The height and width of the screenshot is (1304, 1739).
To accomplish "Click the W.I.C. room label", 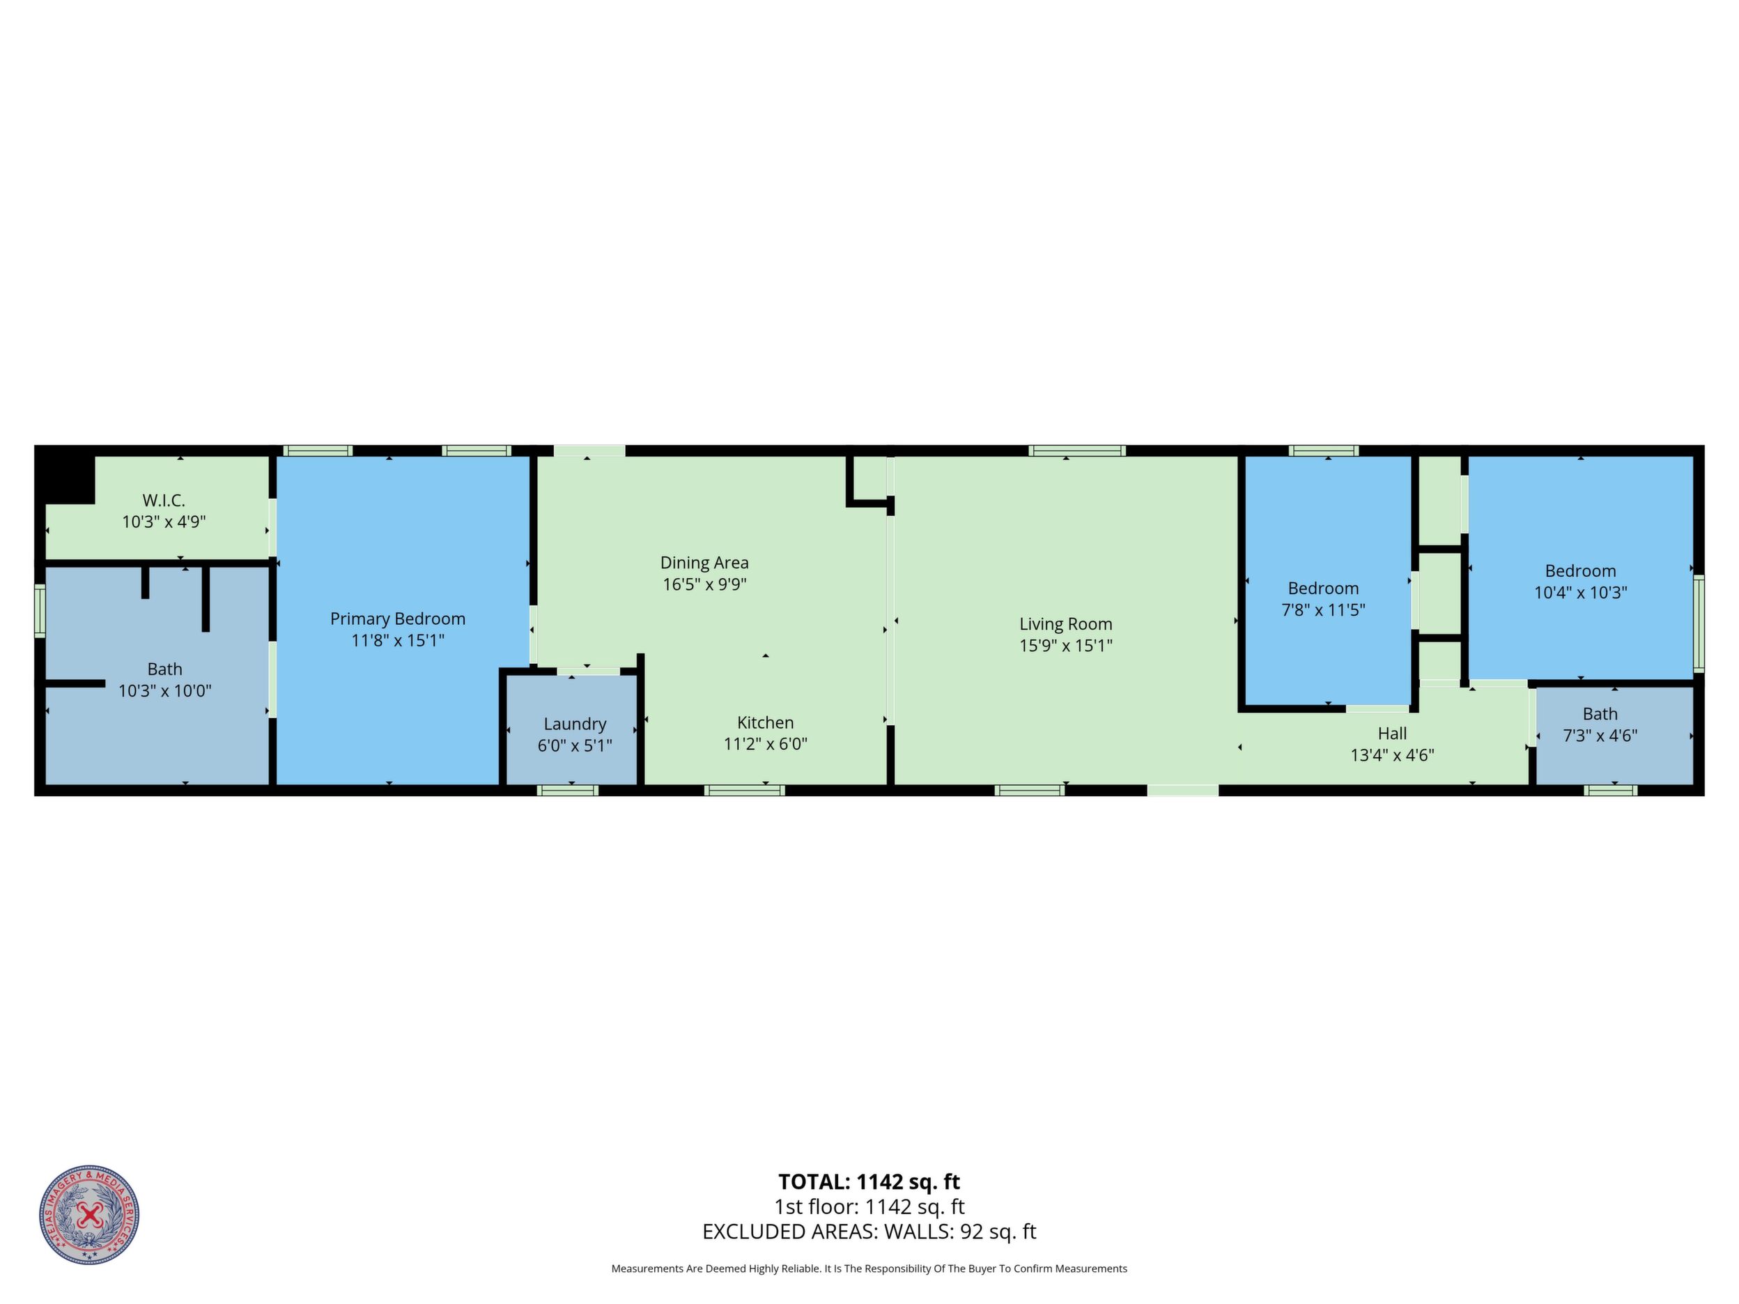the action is click(x=164, y=500).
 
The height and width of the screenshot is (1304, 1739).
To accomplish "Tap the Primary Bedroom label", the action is click(x=398, y=619).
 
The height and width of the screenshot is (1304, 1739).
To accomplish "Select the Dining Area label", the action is click(x=704, y=563).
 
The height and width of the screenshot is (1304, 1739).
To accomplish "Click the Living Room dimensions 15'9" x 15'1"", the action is click(x=1066, y=645).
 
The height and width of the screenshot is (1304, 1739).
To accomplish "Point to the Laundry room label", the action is click(x=575, y=724).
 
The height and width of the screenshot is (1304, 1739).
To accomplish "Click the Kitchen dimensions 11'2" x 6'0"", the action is click(x=766, y=743).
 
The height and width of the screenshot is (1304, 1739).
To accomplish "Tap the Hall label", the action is click(x=1392, y=733).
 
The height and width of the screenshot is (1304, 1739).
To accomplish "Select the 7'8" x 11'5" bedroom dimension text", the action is click(x=1323, y=610).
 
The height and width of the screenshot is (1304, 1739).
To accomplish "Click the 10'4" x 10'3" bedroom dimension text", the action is click(x=1581, y=592).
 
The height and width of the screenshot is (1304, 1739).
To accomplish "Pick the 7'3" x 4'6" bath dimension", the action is click(x=1600, y=735).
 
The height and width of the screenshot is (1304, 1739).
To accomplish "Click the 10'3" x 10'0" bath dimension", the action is click(x=165, y=691).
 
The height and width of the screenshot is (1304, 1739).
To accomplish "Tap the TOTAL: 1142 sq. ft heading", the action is click(x=869, y=1181).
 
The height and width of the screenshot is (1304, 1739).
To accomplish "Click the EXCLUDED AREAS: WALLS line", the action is click(x=869, y=1232).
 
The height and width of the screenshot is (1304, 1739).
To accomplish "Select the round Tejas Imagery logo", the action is click(x=90, y=1215).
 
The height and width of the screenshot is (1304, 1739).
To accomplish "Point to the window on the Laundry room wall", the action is click(x=568, y=790).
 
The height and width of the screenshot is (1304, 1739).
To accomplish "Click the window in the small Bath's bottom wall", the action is click(x=1611, y=790).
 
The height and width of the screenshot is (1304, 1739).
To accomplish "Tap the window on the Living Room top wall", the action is click(x=1077, y=451).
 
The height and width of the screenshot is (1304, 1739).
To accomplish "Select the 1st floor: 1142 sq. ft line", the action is click(x=869, y=1206).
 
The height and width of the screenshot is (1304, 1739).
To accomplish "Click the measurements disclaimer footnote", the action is click(x=869, y=1268).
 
